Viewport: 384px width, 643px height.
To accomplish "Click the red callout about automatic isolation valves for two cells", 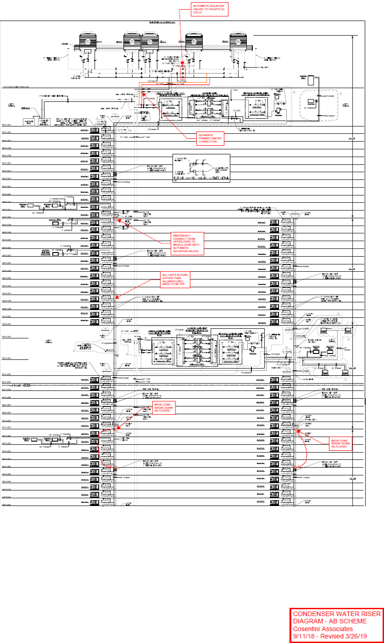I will pos(208,10).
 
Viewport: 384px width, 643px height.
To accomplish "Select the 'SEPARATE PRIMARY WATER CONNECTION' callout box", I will pos(210,139).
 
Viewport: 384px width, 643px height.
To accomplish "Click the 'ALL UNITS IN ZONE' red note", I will pos(176,279).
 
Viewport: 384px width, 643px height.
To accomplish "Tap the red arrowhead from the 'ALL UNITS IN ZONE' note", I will pos(115,298).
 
